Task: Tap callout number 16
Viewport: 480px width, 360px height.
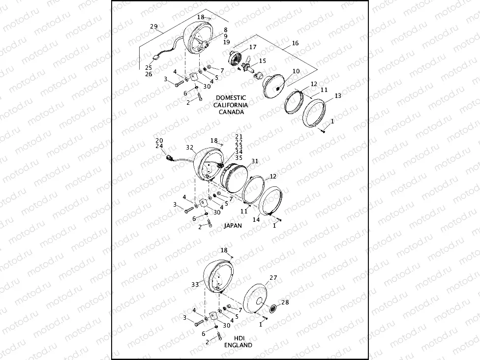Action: pos(295,43)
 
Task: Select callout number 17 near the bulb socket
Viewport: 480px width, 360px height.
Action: pos(252,47)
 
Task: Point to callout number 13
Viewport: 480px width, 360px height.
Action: pos(337,95)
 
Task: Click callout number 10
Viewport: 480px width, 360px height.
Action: pos(296,71)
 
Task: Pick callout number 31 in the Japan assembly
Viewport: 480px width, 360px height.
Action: pos(254,161)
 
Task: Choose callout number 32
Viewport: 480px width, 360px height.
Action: pos(190,148)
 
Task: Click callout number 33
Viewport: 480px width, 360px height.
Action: pos(195,284)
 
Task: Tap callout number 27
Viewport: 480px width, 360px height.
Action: pos(273,278)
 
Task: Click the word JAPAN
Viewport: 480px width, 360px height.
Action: pos(233,226)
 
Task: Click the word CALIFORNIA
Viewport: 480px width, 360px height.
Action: pos(231,105)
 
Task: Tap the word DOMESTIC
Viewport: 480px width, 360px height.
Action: pos(231,98)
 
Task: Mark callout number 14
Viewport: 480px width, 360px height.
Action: pos(256,220)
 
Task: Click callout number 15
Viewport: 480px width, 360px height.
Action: pos(262,60)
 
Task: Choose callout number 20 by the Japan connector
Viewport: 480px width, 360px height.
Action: pos(159,140)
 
